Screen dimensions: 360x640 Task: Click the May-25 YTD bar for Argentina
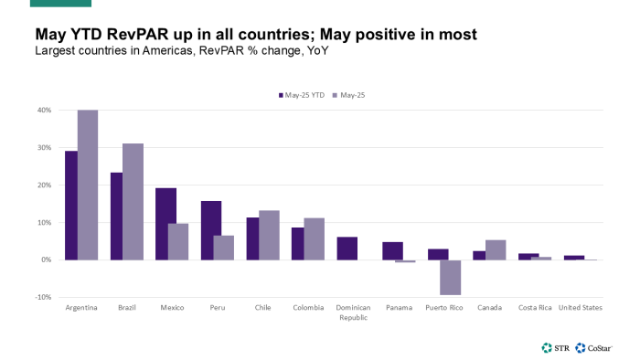(x=70, y=206)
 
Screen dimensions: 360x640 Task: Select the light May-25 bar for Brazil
(x=133, y=202)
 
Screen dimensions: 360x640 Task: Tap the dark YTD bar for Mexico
(x=165, y=224)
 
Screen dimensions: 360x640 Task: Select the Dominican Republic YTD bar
(x=347, y=249)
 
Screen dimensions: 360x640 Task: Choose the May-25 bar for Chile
(x=269, y=235)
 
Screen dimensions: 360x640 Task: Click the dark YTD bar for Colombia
(x=297, y=244)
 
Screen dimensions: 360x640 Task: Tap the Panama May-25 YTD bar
(x=392, y=251)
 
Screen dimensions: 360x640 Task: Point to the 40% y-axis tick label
(x=43, y=111)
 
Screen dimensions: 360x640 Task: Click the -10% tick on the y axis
(x=43, y=297)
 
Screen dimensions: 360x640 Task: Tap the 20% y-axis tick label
(x=43, y=185)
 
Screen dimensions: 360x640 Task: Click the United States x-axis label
(x=580, y=308)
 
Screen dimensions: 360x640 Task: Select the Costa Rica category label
(x=535, y=308)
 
